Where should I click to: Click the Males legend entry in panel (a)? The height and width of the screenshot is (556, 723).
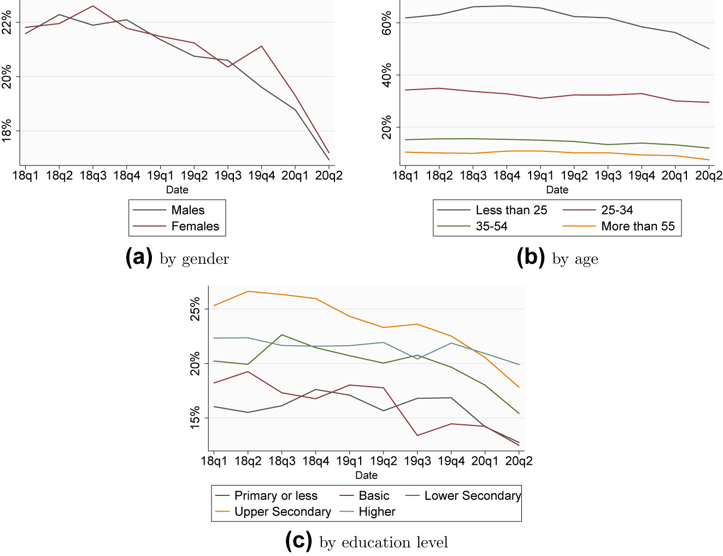[187, 210]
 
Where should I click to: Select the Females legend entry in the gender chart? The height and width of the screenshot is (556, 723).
[195, 227]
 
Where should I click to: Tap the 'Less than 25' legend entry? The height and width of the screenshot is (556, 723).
[511, 210]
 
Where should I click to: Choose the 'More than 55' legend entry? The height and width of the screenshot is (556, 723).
[638, 227]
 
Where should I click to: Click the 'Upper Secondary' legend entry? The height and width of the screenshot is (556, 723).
[283, 512]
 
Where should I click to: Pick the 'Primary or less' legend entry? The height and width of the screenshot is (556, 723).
[275, 496]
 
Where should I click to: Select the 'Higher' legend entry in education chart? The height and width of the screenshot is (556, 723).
[377, 512]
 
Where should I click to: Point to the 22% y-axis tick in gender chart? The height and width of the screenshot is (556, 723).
[7, 22]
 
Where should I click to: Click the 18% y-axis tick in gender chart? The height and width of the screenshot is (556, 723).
[7, 131]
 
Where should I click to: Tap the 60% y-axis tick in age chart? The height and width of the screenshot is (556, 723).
[387, 23]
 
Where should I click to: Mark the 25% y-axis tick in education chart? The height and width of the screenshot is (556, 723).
[195, 309]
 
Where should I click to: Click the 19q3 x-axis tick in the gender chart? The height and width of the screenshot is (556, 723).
[228, 176]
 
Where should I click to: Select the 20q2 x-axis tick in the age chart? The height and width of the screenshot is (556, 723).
[709, 176]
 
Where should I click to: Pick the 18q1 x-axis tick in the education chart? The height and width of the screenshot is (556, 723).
[214, 462]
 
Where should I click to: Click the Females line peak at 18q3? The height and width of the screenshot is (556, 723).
[93, 6]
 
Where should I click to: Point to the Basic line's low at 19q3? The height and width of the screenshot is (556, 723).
[418, 435]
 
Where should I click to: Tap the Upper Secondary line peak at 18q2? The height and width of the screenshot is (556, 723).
[248, 291]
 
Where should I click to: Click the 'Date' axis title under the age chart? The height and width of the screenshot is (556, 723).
[557, 190]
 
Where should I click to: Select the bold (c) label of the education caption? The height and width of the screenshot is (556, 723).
[299, 541]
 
